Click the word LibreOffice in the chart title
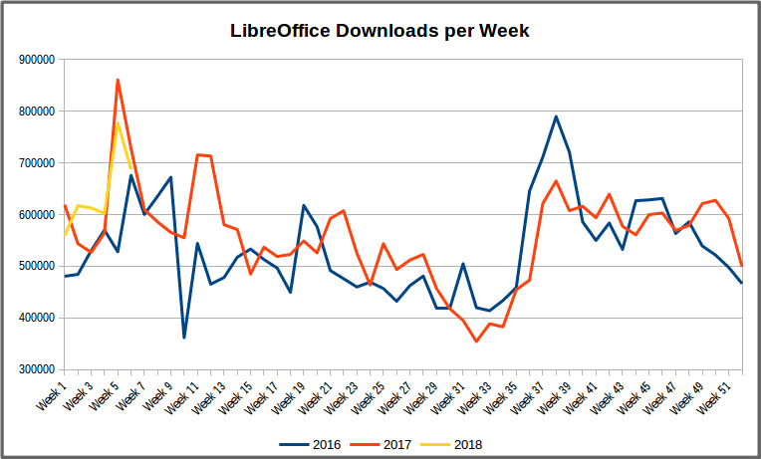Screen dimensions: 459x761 pos(281,31)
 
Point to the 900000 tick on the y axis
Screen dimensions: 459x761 pos(36,60)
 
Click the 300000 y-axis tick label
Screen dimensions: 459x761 pos(36,369)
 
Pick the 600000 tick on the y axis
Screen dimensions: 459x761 pos(36,215)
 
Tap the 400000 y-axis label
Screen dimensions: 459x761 pos(36,319)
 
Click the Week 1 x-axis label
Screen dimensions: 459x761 pos(52,393)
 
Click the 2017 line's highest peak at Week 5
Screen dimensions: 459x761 pos(118,80)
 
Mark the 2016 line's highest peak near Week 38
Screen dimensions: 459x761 pos(556,116)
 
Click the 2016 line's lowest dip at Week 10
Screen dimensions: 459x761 pos(184,338)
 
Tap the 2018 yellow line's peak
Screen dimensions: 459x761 pos(118,122)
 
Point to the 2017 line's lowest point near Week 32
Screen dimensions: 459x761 pos(477,342)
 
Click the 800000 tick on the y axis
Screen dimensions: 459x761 pos(36,112)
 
